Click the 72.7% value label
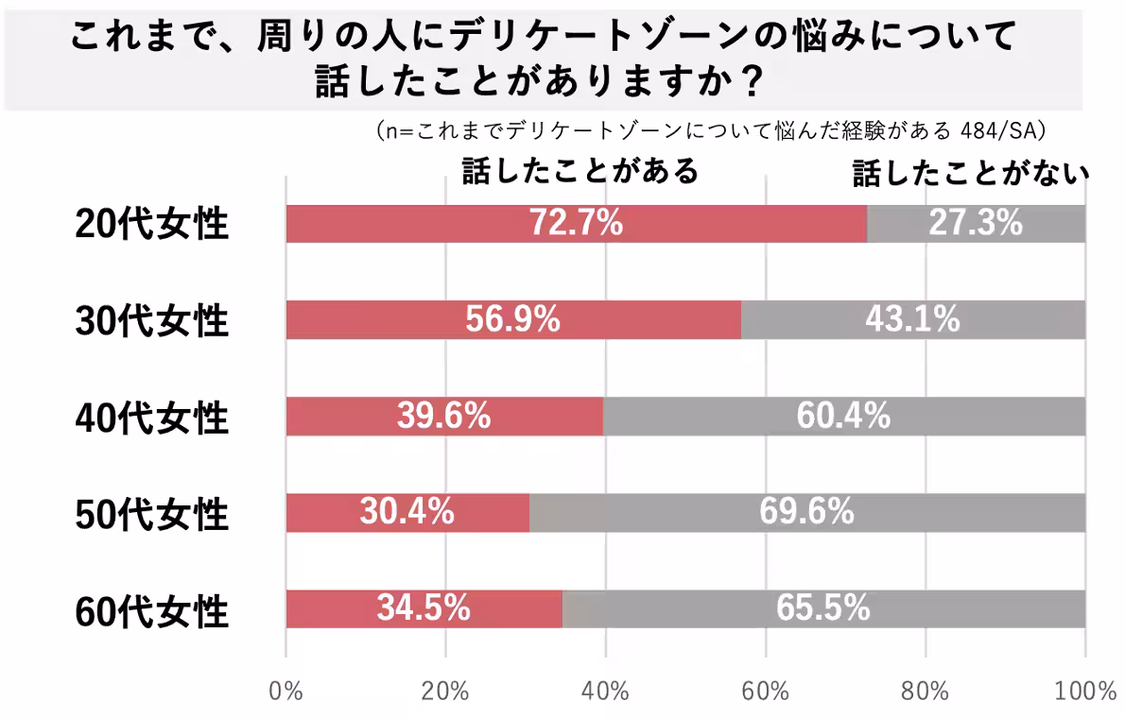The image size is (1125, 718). click(x=576, y=224)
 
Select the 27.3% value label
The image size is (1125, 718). click(x=976, y=224)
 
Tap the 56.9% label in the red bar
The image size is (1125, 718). click(x=512, y=320)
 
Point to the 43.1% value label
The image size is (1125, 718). click(x=912, y=320)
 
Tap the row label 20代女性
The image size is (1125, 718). click(x=152, y=225)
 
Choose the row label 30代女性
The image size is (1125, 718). click(x=152, y=321)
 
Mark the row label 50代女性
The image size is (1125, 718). click(x=152, y=514)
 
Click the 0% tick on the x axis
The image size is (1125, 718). click(x=286, y=691)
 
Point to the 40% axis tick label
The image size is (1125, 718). click(x=605, y=691)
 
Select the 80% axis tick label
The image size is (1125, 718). click(x=925, y=691)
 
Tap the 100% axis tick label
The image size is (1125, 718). click(x=1085, y=691)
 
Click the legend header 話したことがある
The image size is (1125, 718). click(x=580, y=170)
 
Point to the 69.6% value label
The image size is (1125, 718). click(x=806, y=513)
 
